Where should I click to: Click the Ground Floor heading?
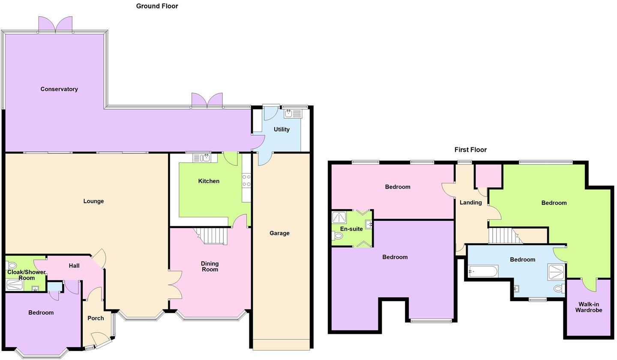(157, 6)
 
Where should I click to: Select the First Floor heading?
(470, 150)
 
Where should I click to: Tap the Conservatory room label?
(59, 89)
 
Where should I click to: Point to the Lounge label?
(93, 201)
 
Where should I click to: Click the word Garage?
(279, 233)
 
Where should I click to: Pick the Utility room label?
(282, 129)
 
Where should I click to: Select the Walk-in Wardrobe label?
(588, 307)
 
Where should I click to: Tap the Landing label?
(470, 202)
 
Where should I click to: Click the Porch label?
(96, 318)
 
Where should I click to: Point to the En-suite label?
(351, 229)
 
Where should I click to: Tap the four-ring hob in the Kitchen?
(246, 180)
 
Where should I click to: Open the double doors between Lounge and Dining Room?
(175, 285)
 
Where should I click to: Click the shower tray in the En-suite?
(339, 217)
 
